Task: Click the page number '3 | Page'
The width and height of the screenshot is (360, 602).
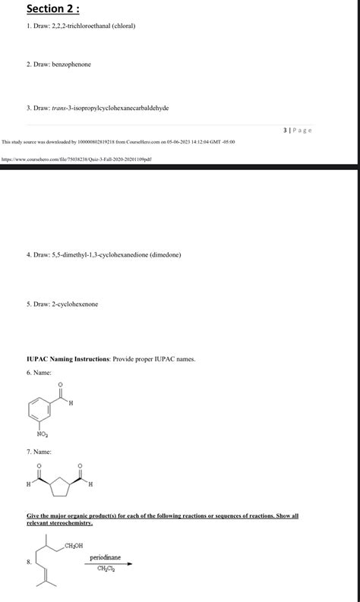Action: (297, 130)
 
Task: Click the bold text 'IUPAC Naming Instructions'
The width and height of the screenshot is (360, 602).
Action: (68, 358)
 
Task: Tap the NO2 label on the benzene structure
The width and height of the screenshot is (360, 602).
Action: (43, 435)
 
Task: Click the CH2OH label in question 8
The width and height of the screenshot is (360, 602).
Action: (74, 546)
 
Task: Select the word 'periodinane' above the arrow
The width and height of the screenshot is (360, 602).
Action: (105, 557)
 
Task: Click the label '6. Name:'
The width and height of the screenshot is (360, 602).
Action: (39, 373)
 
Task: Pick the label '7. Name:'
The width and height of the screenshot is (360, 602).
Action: (39, 452)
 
